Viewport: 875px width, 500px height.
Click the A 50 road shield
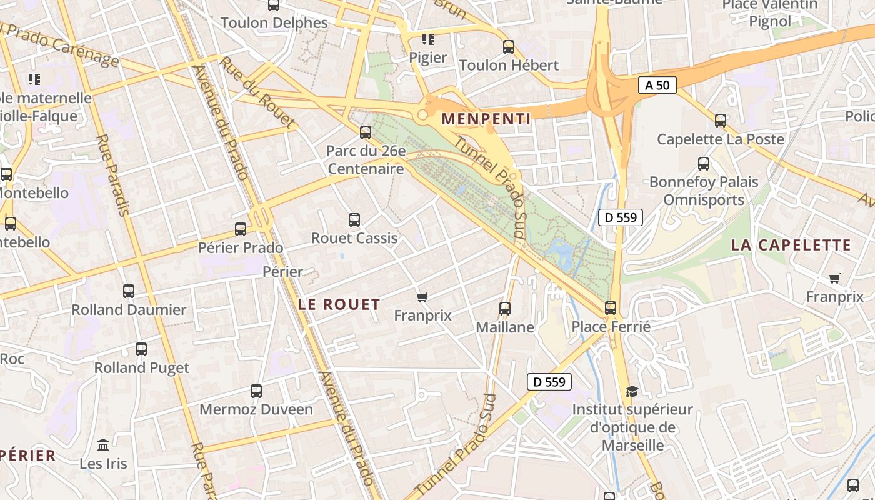[657, 85]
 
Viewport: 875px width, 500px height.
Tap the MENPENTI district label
[486, 118]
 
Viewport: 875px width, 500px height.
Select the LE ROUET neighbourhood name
[339, 304]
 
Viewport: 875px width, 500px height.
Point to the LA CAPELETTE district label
[791, 245]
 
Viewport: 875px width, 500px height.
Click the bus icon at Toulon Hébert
[509, 46]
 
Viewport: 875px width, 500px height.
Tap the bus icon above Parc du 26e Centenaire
[366, 132]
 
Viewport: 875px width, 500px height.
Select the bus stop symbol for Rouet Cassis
[354, 220]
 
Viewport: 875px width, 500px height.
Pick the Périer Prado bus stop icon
[241, 229]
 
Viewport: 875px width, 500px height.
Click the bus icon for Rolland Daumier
[129, 291]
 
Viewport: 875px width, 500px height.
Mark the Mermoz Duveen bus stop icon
[256, 391]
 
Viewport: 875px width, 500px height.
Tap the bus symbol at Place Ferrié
[611, 308]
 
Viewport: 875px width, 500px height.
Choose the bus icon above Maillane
[505, 309]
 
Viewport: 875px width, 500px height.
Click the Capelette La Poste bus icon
[721, 121]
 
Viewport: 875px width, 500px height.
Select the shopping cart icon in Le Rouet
[422, 297]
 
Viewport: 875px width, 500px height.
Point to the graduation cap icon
[632, 391]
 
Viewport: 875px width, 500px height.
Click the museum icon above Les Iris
[103, 445]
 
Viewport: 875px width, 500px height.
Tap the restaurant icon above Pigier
[428, 39]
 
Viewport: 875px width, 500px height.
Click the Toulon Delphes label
[274, 23]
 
